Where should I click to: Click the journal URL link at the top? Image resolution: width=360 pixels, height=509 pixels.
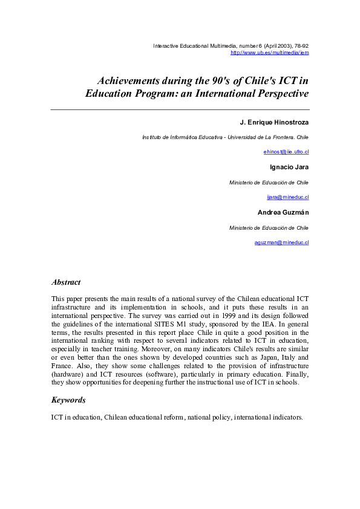point(270,53)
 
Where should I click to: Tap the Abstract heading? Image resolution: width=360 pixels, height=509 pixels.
point(66,282)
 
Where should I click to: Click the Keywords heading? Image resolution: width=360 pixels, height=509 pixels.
point(68,400)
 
